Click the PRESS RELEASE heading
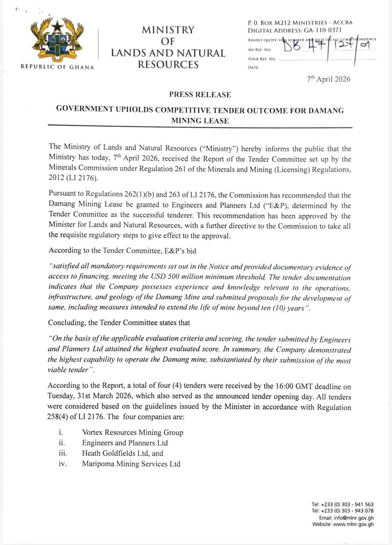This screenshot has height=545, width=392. [200, 95]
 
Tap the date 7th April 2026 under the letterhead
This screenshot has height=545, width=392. [329, 79]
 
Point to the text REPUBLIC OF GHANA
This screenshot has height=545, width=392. [57, 66]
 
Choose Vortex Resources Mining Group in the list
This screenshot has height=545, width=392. [133, 433]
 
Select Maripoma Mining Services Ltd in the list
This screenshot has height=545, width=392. [131, 464]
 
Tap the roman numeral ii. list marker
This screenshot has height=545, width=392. [61, 443]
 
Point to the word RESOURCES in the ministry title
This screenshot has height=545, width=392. [168, 65]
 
